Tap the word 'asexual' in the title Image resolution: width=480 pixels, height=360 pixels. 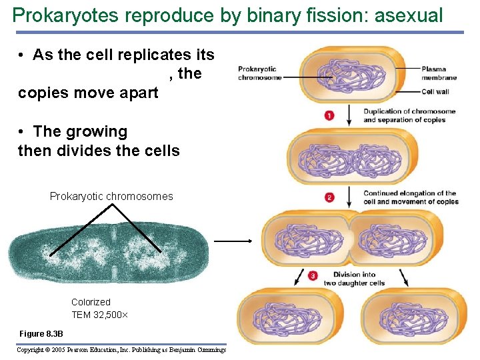[x=409, y=15]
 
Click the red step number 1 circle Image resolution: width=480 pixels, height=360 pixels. [x=329, y=116]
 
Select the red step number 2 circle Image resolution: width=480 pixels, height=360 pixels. [x=329, y=197]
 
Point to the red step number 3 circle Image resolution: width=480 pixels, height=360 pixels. [x=313, y=275]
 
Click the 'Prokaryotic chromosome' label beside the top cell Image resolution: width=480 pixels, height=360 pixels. [x=257, y=73]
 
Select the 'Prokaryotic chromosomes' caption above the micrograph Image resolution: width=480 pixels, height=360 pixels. [x=111, y=196]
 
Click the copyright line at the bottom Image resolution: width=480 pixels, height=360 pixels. [x=121, y=350]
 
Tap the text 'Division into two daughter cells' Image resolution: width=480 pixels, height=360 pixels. [x=354, y=279]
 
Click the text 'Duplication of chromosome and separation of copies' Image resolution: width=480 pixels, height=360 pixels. [x=409, y=115]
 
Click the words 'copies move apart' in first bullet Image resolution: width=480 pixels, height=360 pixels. [x=88, y=93]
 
